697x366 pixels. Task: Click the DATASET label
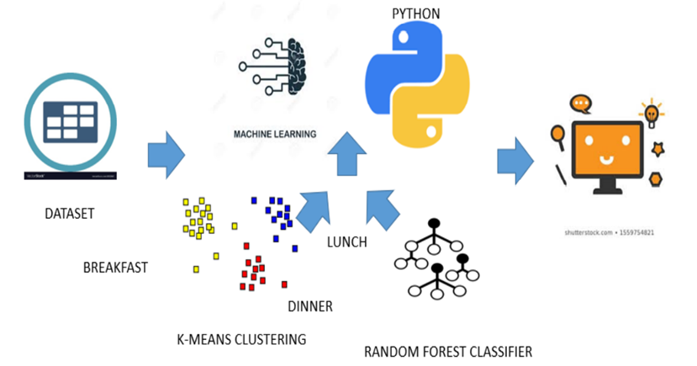[69, 214]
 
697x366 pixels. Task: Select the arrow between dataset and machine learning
[166, 155]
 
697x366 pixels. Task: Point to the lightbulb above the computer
[651, 111]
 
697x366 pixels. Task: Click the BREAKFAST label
[115, 268]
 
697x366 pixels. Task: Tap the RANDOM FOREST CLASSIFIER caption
[448, 351]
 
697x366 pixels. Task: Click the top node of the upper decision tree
[435, 225]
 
